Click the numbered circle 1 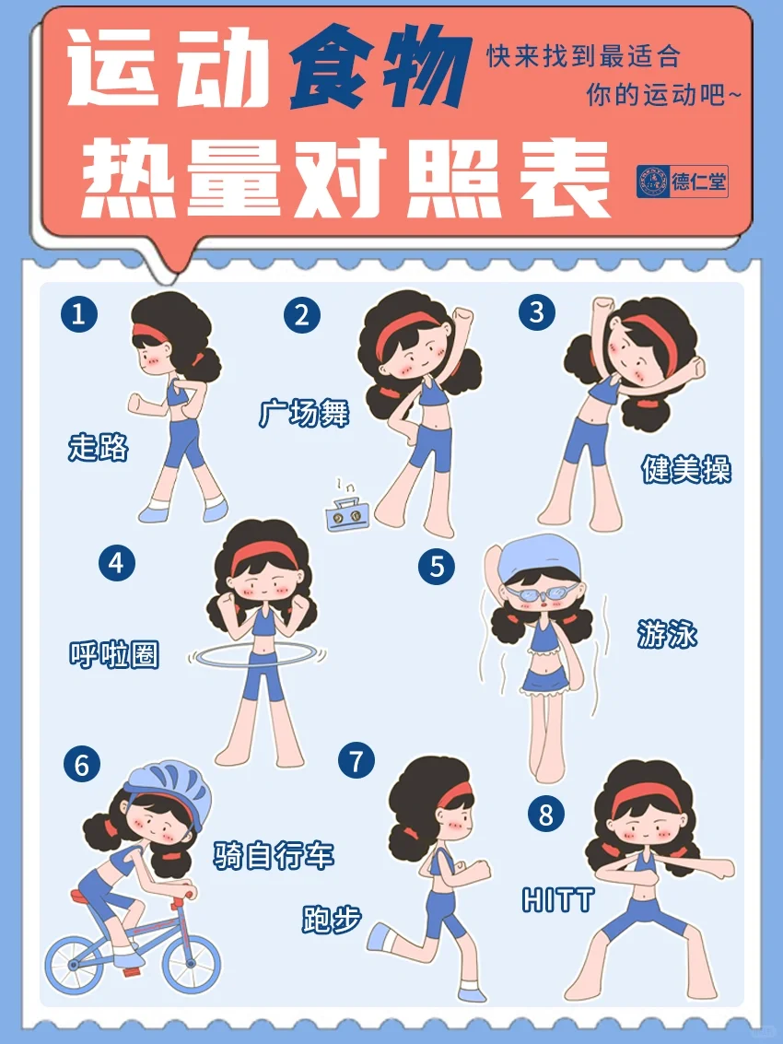click(x=79, y=313)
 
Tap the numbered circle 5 click(x=437, y=567)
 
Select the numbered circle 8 click(x=546, y=814)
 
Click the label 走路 click(x=98, y=447)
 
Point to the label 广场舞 click(x=304, y=413)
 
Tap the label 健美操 click(x=685, y=469)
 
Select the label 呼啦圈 click(x=114, y=654)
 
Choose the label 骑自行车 click(x=274, y=855)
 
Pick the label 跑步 click(x=332, y=920)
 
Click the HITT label click(x=557, y=900)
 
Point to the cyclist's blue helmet click(x=169, y=788)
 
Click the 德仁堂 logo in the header click(x=682, y=182)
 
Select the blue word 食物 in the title click(x=380, y=68)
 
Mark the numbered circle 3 click(x=537, y=311)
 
